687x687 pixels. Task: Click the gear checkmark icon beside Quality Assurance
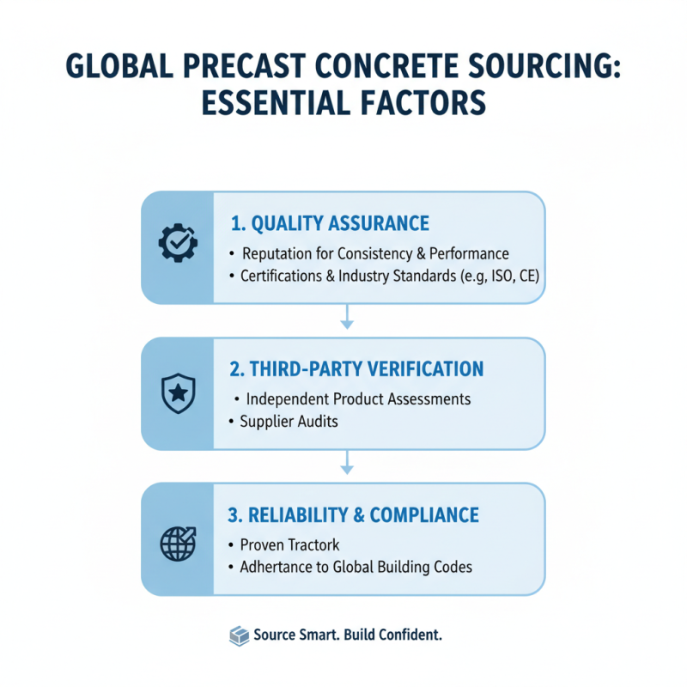point(179,244)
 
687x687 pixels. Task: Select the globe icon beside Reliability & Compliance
point(179,540)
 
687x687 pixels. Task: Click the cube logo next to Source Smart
point(239,636)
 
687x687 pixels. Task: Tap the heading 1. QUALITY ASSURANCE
point(330,224)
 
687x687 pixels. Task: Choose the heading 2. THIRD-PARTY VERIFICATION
point(356,370)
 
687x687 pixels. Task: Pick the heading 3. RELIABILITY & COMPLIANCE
point(354,515)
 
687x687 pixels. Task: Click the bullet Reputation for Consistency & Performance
point(376,254)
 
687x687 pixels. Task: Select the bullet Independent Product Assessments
point(358,400)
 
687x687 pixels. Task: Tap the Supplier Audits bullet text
point(289,422)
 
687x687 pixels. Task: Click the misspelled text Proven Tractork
point(290,545)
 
